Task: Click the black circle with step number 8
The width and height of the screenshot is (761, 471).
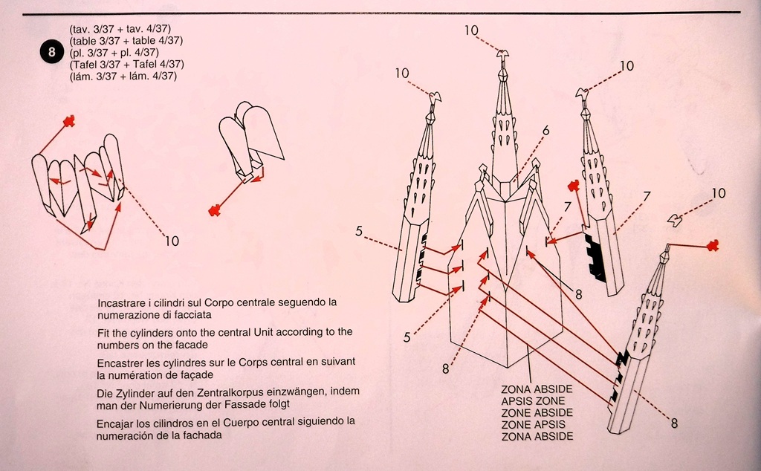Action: coord(51,52)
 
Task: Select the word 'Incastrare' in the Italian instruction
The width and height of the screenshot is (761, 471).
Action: coord(123,303)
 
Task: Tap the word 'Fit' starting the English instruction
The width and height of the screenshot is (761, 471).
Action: coord(105,332)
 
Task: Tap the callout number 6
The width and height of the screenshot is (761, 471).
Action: coord(546,131)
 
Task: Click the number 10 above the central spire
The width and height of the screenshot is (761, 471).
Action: coord(472,30)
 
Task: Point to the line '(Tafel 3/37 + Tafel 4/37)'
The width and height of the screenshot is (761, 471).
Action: coord(126,65)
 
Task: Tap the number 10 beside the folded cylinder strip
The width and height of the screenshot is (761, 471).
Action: coord(172,241)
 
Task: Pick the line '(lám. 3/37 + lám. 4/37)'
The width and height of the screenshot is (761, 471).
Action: coord(123,77)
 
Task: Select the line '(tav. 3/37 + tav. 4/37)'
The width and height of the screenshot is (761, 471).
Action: coord(120,29)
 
